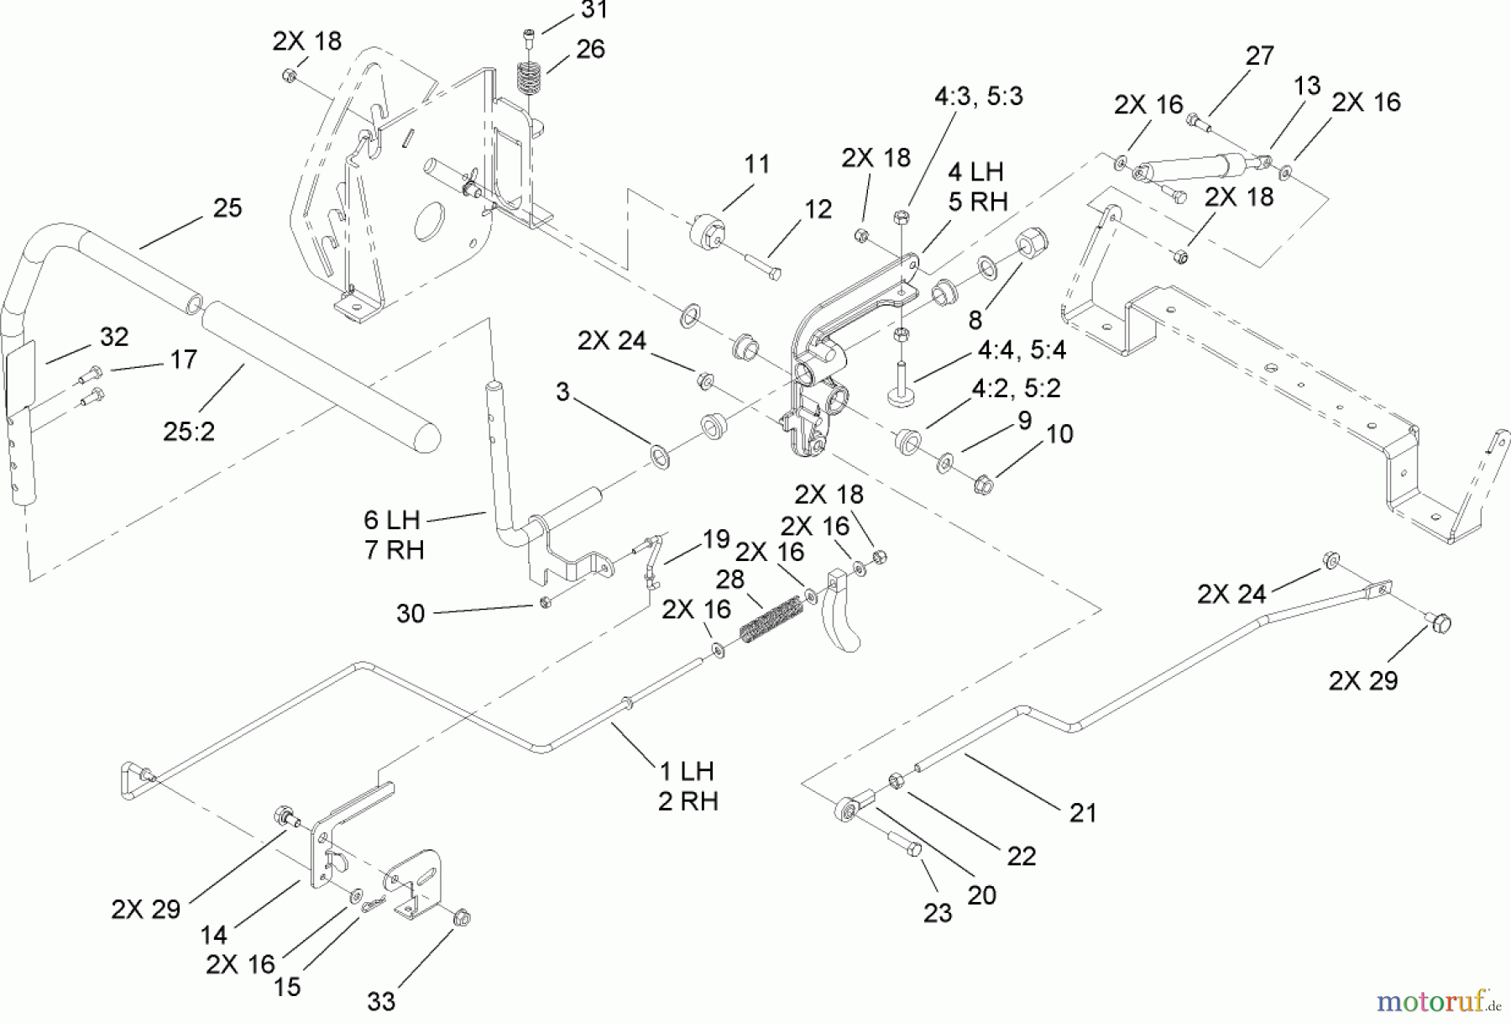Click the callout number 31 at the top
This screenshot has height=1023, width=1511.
(x=593, y=11)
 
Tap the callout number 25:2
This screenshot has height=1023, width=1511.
(x=189, y=431)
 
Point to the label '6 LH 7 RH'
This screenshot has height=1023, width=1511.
(x=394, y=535)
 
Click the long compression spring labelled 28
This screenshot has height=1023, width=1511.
(x=771, y=619)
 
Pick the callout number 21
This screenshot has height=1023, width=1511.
(x=1083, y=813)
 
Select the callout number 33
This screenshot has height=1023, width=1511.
(x=381, y=1001)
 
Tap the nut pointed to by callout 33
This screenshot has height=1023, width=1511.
(x=461, y=918)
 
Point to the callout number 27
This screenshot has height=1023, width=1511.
(x=1259, y=56)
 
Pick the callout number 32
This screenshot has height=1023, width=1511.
(x=114, y=337)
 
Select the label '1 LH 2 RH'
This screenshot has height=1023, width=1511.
(x=687, y=786)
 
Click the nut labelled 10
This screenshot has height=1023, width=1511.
(x=983, y=485)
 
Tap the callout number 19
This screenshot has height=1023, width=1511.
(x=715, y=539)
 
